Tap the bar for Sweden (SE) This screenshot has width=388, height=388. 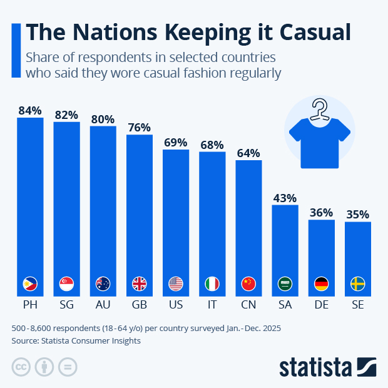click(358, 250)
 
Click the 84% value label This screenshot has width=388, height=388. click(30, 110)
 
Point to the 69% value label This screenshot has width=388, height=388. click(176, 142)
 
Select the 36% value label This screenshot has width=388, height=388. click(321, 212)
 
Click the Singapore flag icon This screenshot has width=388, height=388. click(66, 283)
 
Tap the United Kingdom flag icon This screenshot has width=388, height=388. click(139, 283)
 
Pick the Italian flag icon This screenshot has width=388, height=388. click(212, 283)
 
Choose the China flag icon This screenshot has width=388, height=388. click(248, 283)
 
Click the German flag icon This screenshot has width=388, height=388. click(321, 283)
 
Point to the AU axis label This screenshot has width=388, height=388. click(103, 305)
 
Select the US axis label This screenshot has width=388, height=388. click(176, 305)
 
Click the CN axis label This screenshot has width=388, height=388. click(248, 305)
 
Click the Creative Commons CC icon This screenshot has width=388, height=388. click(21, 367)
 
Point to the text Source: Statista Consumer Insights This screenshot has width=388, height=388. click(76, 341)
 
